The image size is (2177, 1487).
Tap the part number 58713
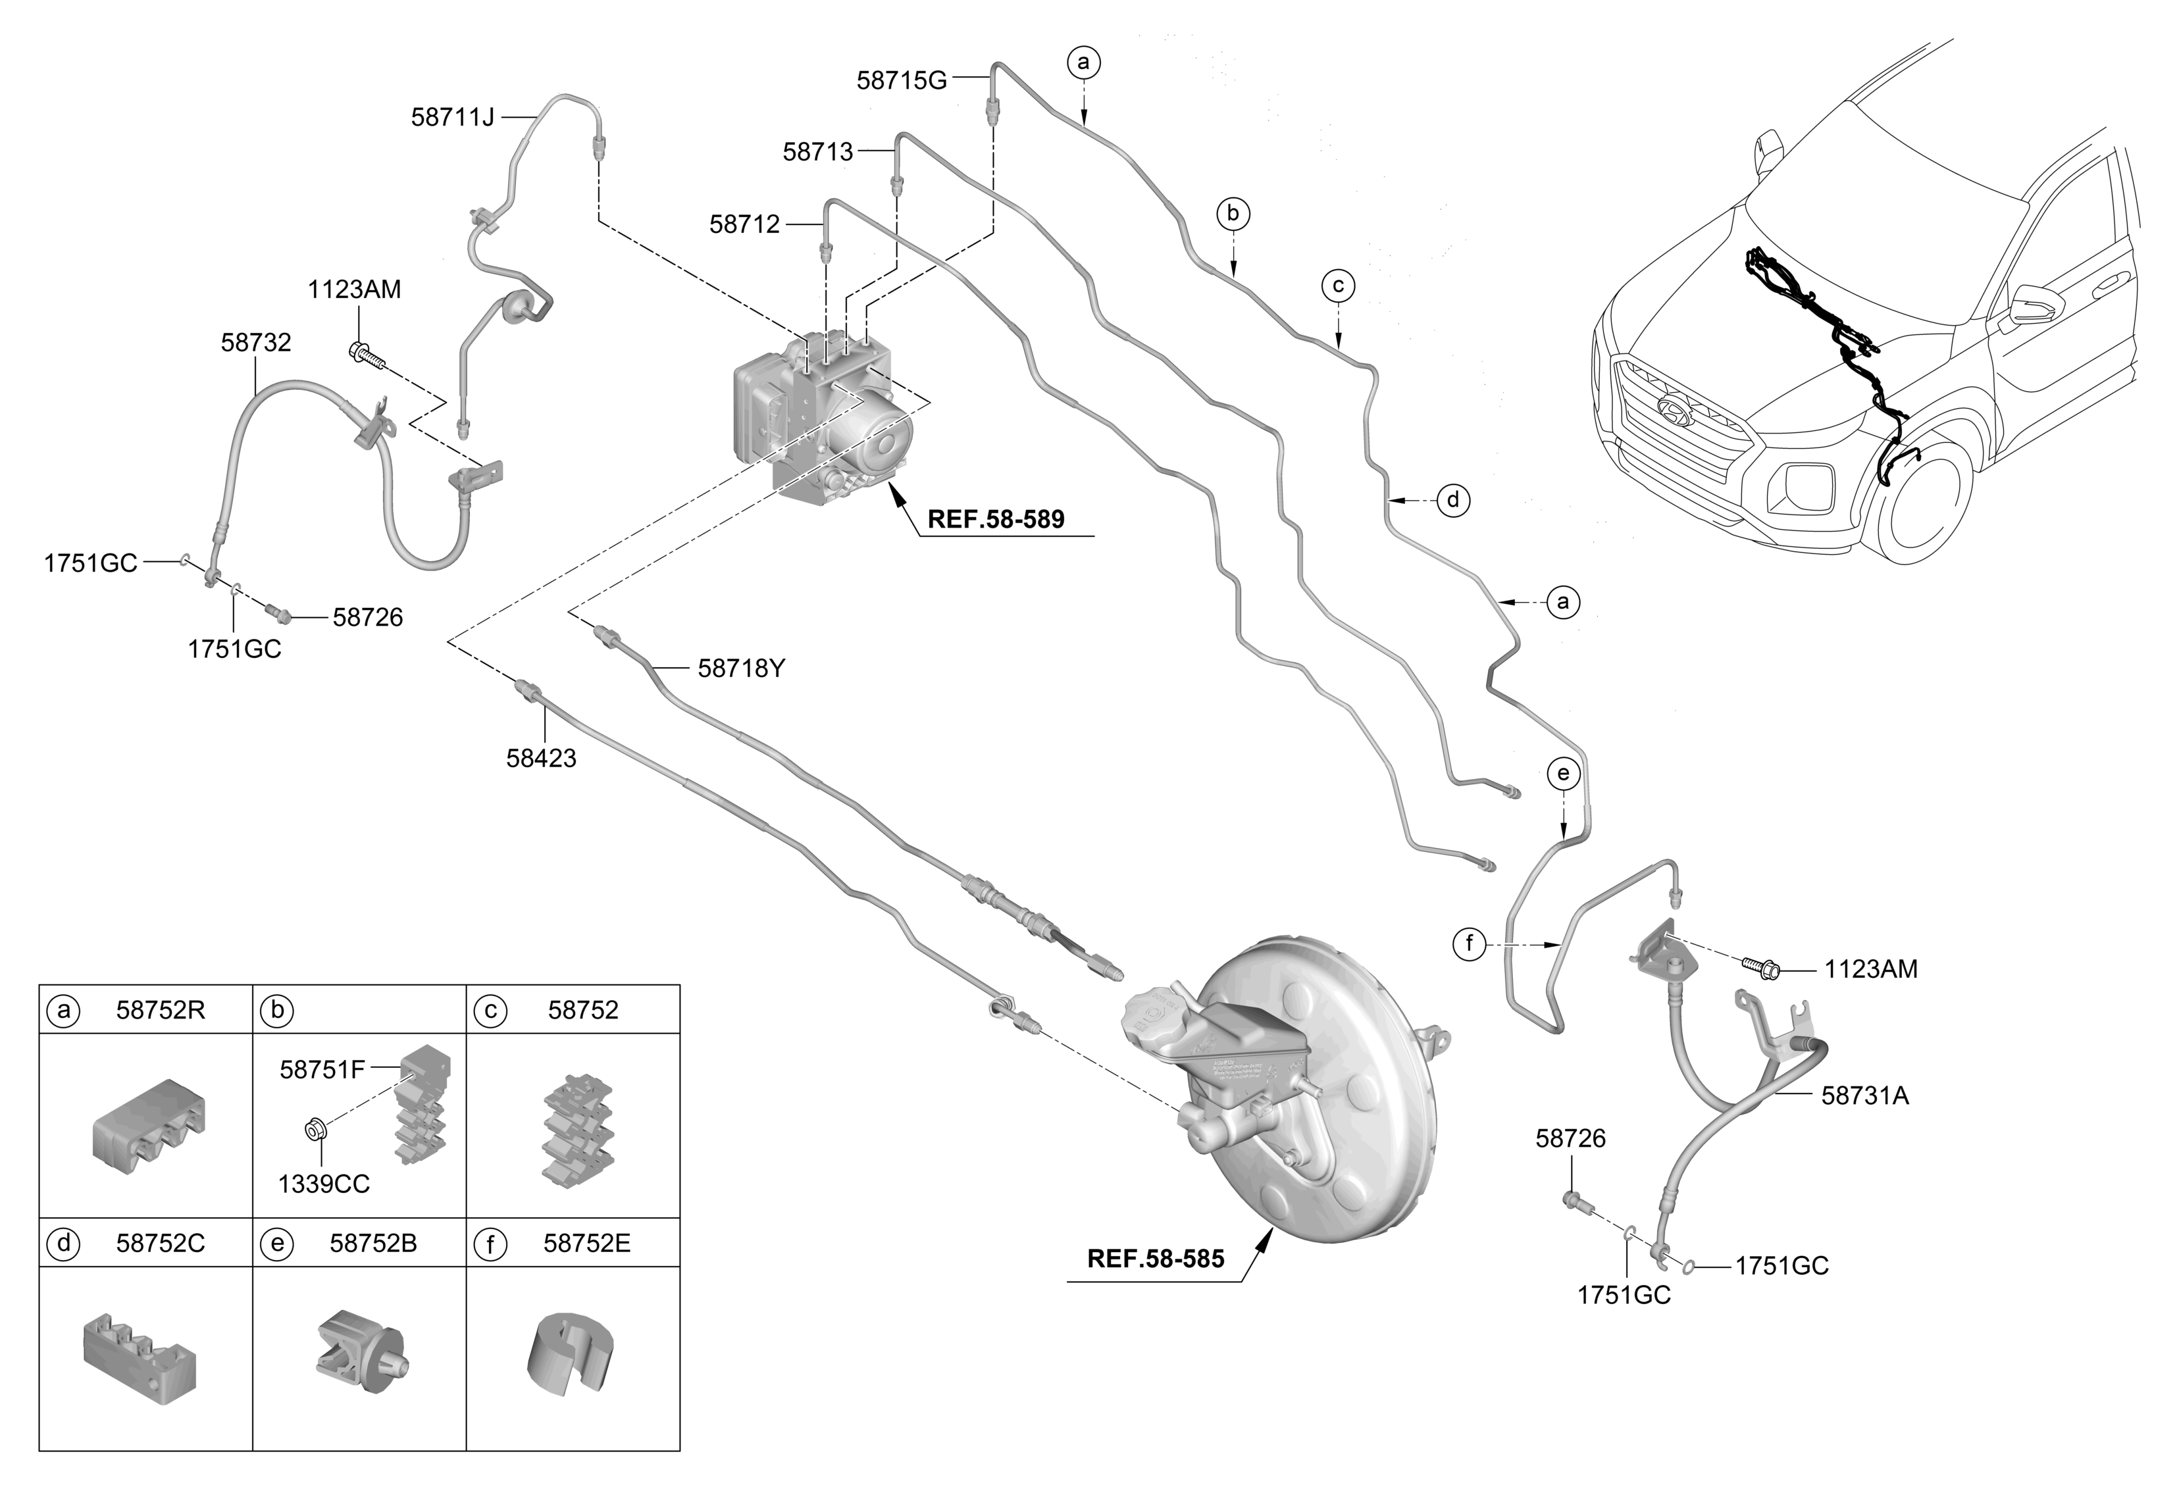click(818, 152)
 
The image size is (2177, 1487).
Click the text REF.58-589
click(996, 520)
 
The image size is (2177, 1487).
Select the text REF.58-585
click(1155, 1259)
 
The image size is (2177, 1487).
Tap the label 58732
click(256, 343)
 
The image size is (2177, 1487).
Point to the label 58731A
click(1864, 1096)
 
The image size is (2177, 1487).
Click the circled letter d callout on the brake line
click(1453, 500)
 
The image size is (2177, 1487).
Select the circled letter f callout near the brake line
click(1469, 944)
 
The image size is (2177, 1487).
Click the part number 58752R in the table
click(160, 1011)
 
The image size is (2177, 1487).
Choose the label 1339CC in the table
click(323, 1184)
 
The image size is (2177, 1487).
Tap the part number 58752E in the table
click(586, 1244)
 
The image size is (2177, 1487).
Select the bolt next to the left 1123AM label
click(367, 354)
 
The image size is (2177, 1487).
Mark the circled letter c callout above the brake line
click(1339, 286)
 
